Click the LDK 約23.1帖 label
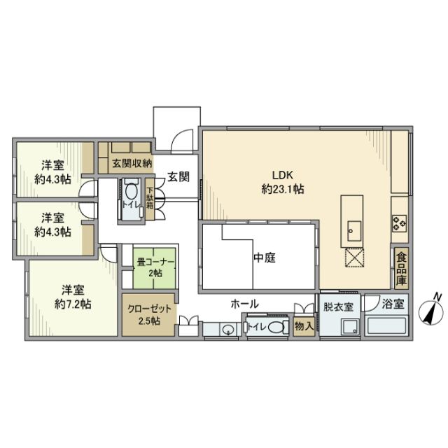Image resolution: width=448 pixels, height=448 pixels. coord(283,181)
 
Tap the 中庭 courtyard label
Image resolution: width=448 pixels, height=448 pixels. coord(265,258)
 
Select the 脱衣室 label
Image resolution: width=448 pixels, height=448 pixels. coord(338,305)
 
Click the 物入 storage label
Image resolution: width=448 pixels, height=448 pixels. coord(303,325)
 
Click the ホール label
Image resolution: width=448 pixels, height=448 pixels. coord(246,304)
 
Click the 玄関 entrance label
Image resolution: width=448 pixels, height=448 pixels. coord(178,177)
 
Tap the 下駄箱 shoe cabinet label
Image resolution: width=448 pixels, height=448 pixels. coord(149,193)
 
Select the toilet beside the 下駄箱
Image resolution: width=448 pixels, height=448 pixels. coord(132,192)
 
